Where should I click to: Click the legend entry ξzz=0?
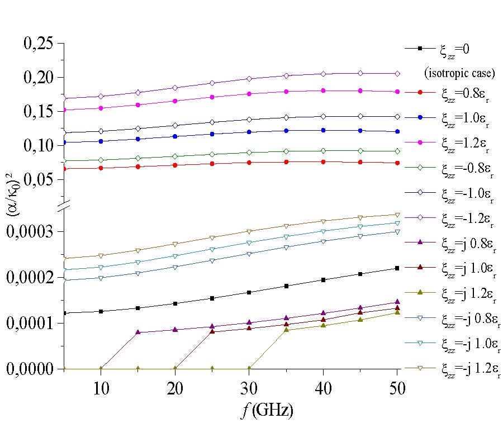[x=454, y=49]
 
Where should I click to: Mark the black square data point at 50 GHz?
[x=397, y=268]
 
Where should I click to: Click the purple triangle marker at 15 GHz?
[x=138, y=332]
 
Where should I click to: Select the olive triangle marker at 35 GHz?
[x=286, y=330]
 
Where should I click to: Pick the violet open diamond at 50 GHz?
[x=397, y=73]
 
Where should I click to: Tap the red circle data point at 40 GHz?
[x=323, y=161]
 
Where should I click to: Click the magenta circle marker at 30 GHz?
[x=249, y=93]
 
